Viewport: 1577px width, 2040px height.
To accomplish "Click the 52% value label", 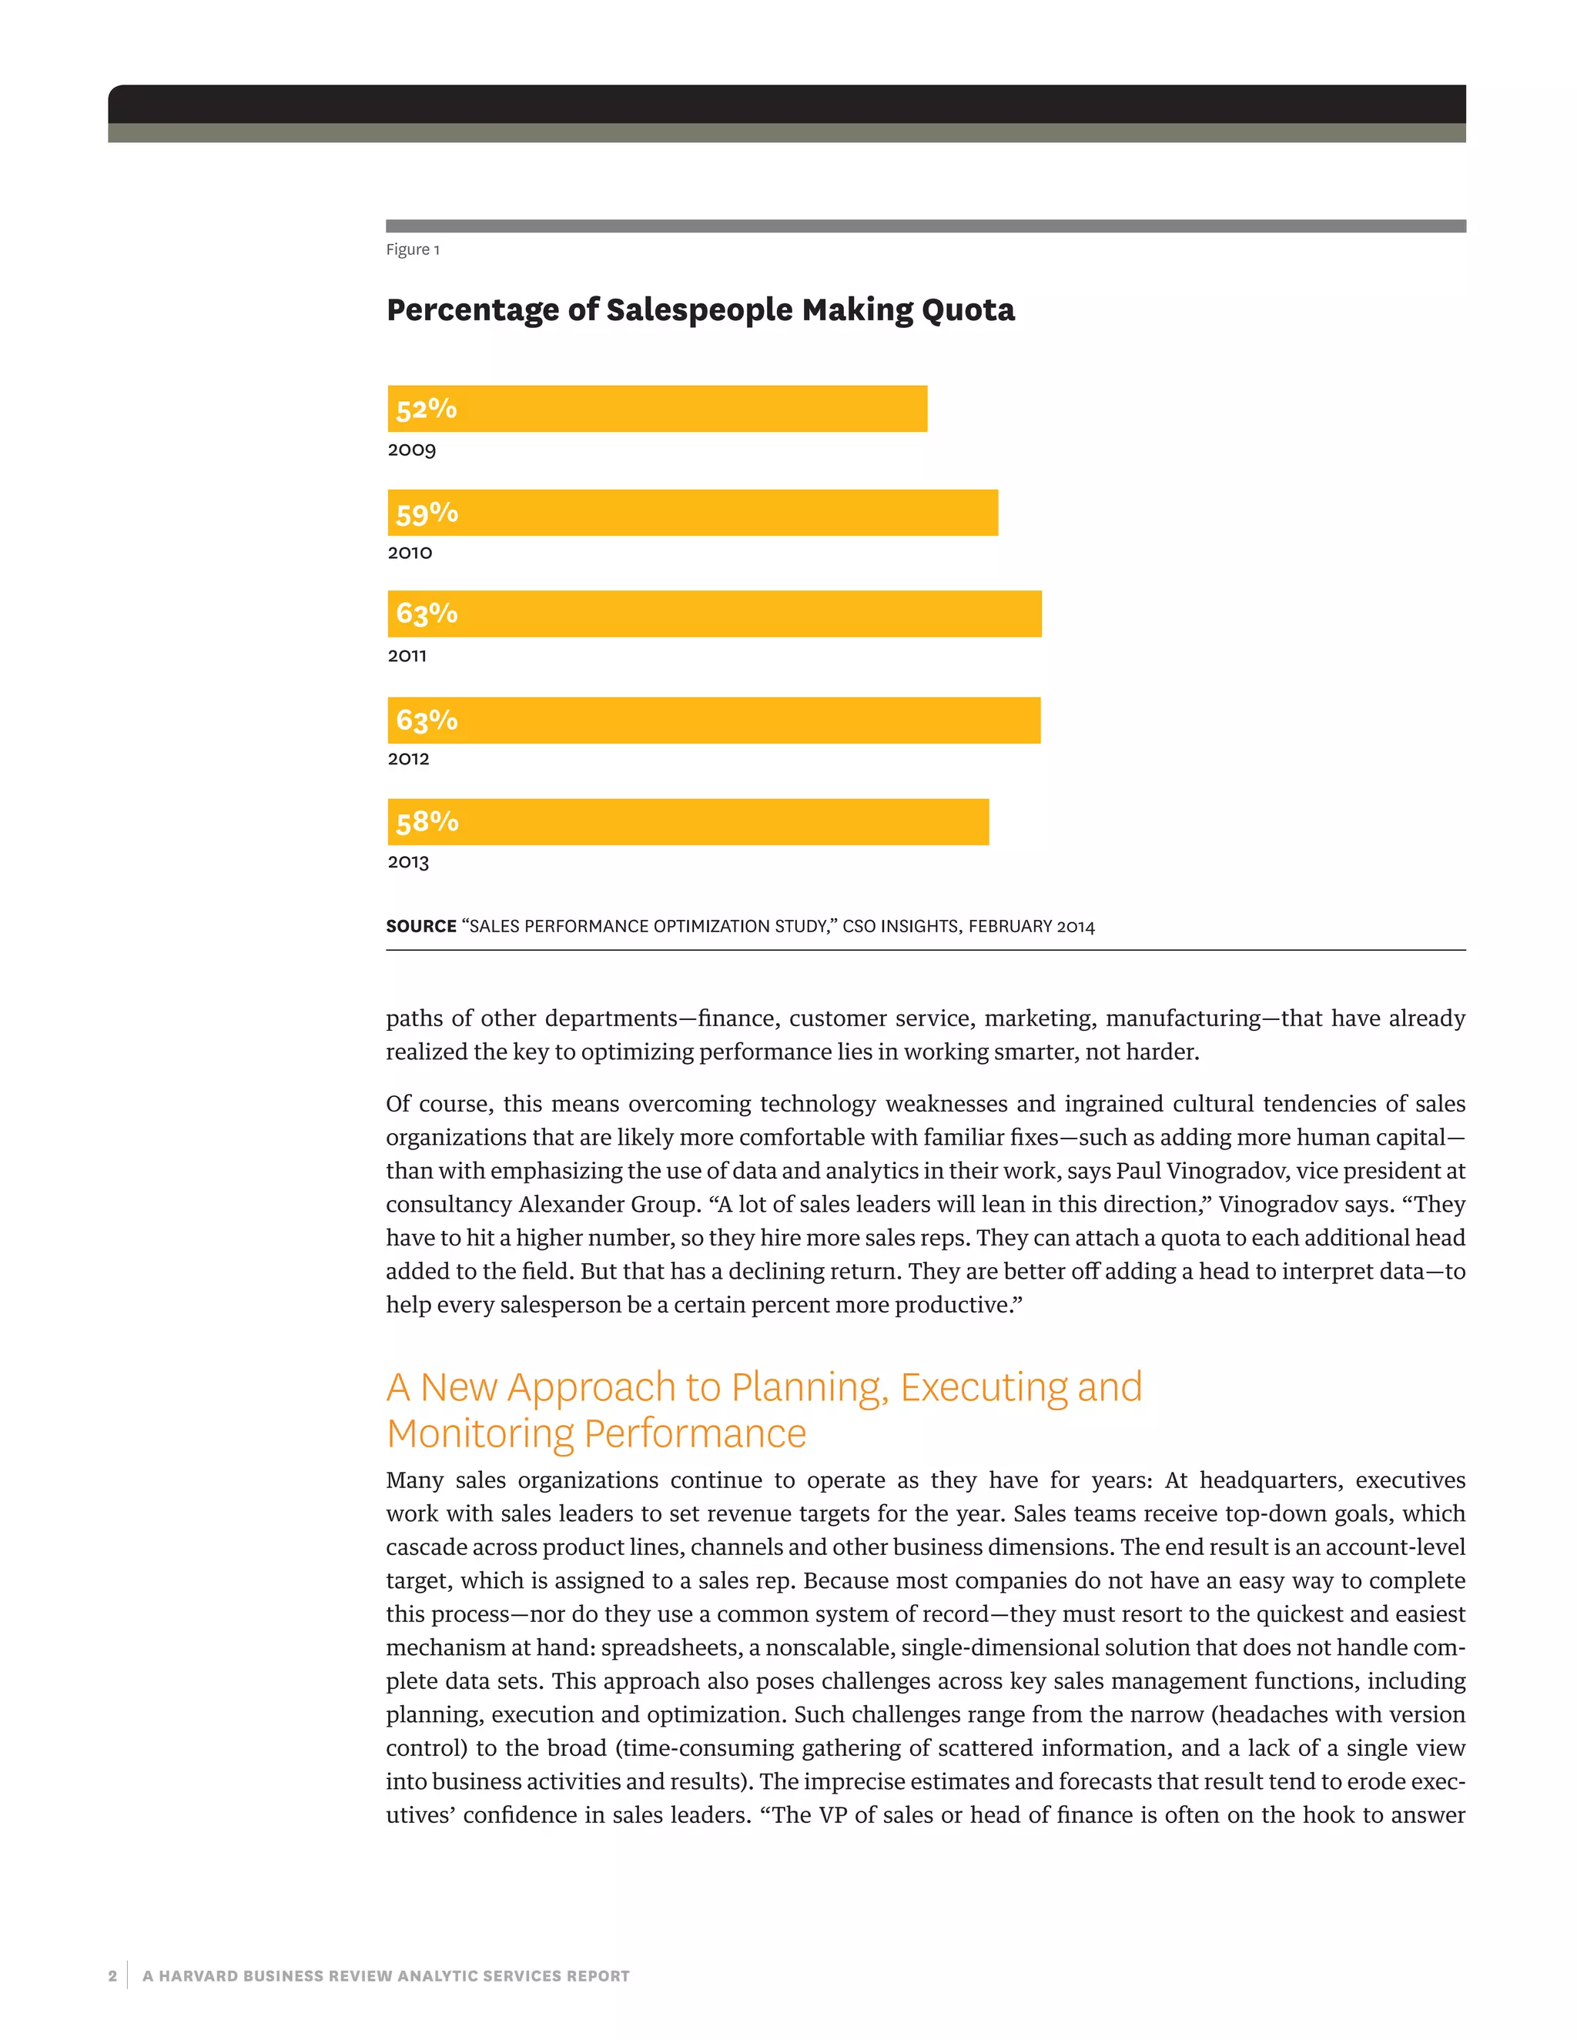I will [x=426, y=409].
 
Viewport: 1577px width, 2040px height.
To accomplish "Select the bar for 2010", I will [x=692, y=513].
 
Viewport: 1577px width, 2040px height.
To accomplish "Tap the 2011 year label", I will [x=407, y=656].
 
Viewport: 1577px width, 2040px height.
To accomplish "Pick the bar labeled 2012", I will [x=714, y=721].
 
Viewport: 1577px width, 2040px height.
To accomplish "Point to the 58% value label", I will [x=427, y=822].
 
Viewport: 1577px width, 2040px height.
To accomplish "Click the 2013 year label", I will [x=408, y=862].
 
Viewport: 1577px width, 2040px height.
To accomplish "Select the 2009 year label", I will [x=411, y=450].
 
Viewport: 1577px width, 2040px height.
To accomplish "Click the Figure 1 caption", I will [x=412, y=249].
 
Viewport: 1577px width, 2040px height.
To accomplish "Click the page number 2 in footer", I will [x=113, y=1975].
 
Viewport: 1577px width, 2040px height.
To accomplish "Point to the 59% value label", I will [x=427, y=513].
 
